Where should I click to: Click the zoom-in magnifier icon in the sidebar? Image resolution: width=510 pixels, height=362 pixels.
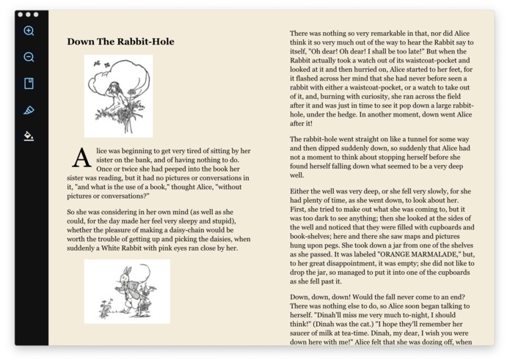[29, 31]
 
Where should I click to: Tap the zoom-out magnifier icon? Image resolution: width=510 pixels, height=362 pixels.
[29, 57]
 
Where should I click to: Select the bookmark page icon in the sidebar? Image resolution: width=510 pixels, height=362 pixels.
[29, 84]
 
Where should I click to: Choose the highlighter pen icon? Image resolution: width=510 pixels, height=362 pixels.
[29, 110]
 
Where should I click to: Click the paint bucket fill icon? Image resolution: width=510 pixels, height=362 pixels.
[29, 136]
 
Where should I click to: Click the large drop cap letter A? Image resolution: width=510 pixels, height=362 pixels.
[81, 158]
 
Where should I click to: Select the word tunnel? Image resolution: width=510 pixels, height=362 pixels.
[430, 139]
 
